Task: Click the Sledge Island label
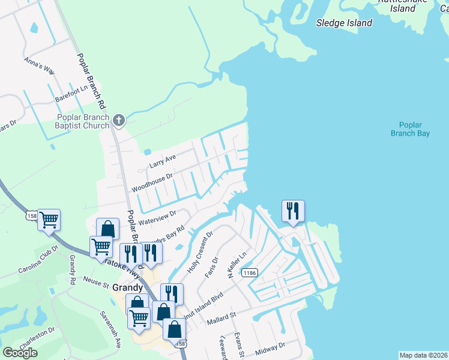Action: [x=344, y=23]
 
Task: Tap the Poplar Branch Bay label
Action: [x=414, y=129]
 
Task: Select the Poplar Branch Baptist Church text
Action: [x=83, y=121]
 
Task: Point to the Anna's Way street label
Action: [x=38, y=66]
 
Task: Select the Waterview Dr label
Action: [x=157, y=217]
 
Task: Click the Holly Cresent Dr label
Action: [x=200, y=253]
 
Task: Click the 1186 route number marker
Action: [x=250, y=273]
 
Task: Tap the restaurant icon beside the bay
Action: [x=293, y=211]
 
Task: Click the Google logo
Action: [x=20, y=353]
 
